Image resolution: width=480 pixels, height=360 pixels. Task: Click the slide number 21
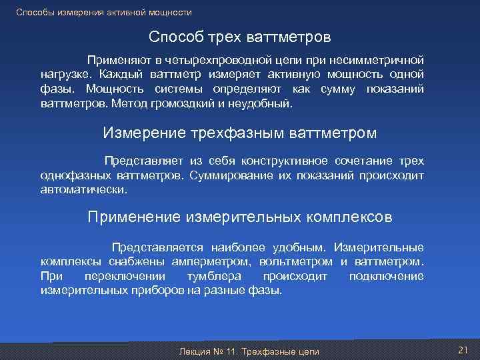tap(463, 350)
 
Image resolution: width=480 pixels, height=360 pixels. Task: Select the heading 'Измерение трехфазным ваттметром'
tap(239, 133)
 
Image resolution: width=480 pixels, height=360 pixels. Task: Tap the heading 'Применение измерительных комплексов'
tap(240, 217)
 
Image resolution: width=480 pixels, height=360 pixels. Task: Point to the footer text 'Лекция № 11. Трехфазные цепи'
tap(245, 351)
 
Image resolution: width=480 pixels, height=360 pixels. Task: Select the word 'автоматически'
tap(83, 190)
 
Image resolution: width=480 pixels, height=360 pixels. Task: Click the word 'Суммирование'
tap(223, 176)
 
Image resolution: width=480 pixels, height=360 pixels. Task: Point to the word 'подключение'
tap(386, 276)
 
